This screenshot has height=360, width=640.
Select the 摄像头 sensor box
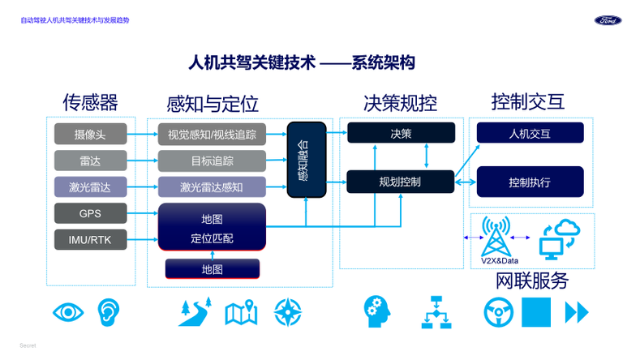[x=90, y=133]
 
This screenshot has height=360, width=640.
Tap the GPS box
[x=90, y=213]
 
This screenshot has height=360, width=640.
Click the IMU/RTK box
[x=90, y=240]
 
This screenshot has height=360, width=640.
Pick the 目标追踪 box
[x=212, y=160]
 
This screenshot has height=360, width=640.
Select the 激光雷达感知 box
[x=212, y=186]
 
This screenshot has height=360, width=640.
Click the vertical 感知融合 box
[x=306, y=160]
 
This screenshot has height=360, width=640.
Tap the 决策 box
[x=400, y=133]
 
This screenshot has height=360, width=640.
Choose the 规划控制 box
[x=400, y=182]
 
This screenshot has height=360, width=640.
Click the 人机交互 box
[x=530, y=133]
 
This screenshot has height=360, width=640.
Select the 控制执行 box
[x=530, y=182]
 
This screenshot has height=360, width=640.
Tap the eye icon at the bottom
[x=69, y=311]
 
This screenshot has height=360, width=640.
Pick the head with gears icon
[x=374, y=311]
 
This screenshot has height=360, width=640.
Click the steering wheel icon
[x=497, y=311]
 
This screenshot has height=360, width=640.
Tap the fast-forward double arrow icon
[x=576, y=311]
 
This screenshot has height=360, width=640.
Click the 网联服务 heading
[x=531, y=281]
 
